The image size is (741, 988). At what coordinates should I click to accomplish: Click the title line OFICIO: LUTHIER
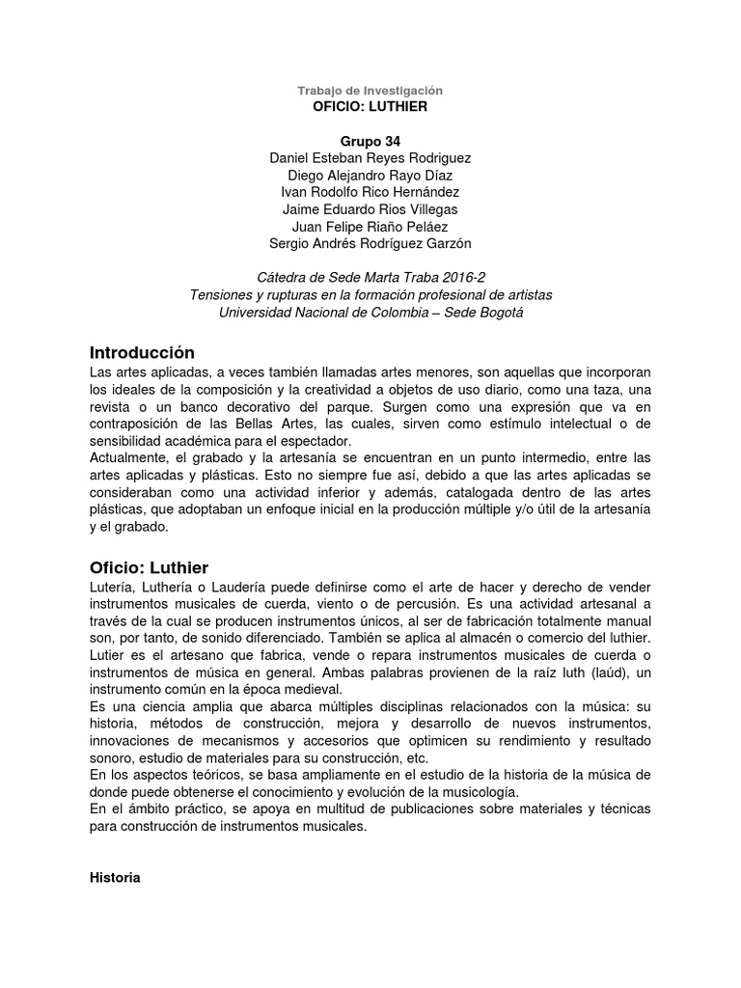pos(370,106)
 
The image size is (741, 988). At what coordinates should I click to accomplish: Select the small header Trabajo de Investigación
pos(370,90)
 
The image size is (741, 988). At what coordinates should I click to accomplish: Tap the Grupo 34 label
pos(370,140)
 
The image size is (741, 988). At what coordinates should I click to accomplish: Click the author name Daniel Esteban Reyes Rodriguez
pos(370,157)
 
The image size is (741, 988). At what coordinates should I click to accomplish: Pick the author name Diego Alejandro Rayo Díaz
pos(370,175)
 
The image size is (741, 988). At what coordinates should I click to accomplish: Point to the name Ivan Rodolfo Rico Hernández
pos(370,192)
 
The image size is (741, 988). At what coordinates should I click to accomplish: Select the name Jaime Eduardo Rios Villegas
pos(370,209)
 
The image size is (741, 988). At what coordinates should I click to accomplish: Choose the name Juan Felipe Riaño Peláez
pos(370,227)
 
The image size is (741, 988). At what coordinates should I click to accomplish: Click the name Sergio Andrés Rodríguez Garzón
pos(370,244)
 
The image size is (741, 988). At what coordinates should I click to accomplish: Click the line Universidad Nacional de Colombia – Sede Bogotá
pos(370,312)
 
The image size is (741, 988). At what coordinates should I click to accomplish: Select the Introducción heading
pos(142,352)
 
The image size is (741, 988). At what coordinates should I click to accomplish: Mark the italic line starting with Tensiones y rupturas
pos(370,294)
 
